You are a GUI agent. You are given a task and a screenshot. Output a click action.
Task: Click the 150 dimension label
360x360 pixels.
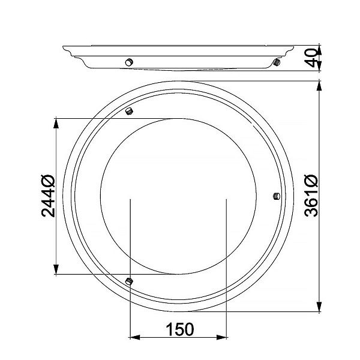(180, 329)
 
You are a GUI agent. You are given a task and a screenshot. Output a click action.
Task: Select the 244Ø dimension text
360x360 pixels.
(48, 196)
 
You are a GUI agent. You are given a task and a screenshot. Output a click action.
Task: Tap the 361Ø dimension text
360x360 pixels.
(311, 196)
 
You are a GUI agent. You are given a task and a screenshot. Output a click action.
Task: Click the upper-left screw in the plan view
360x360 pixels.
(129, 111)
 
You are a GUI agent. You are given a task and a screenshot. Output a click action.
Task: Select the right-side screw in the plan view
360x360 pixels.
(277, 196)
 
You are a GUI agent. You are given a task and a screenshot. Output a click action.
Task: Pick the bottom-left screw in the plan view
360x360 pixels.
(129, 281)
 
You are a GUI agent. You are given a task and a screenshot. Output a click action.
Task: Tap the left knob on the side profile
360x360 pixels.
(129, 62)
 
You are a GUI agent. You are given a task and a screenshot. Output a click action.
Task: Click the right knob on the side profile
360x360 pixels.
(277, 62)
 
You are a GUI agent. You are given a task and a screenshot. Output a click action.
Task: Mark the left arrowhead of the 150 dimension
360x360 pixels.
(135, 337)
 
